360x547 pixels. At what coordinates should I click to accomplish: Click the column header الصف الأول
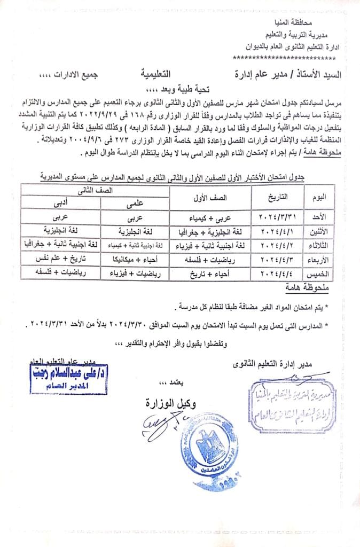209,197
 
